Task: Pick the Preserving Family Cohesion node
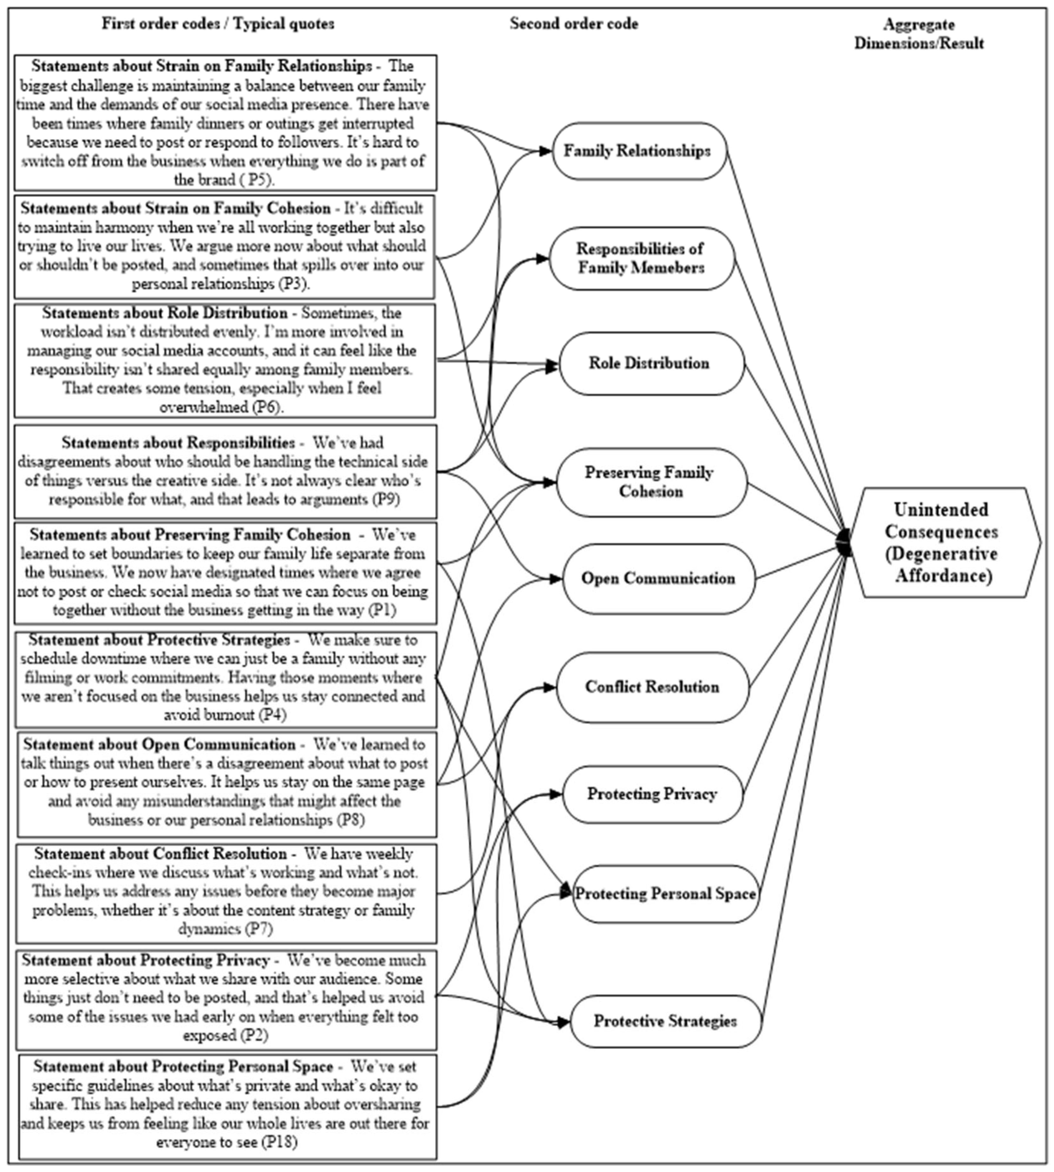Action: point(651,482)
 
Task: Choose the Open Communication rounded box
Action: point(658,578)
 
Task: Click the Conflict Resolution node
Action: point(652,687)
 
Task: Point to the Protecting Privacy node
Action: point(652,794)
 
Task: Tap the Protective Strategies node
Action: point(665,1021)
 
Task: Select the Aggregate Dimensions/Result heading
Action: point(919,34)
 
